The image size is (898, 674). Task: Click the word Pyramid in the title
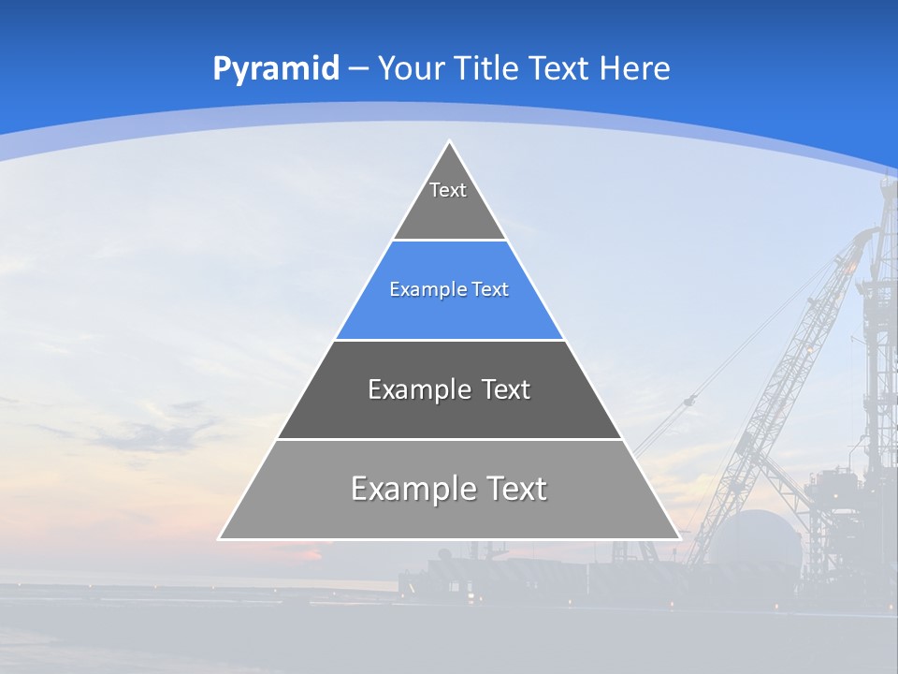tap(275, 69)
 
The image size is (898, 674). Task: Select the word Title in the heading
tap(488, 68)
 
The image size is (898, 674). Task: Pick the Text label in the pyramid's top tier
tap(448, 190)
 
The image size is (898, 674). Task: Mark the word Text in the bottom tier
tap(515, 489)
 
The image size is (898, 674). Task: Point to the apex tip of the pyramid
tap(449, 141)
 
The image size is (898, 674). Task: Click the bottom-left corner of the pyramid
tap(220, 538)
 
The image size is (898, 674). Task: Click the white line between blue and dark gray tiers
tap(449, 340)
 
